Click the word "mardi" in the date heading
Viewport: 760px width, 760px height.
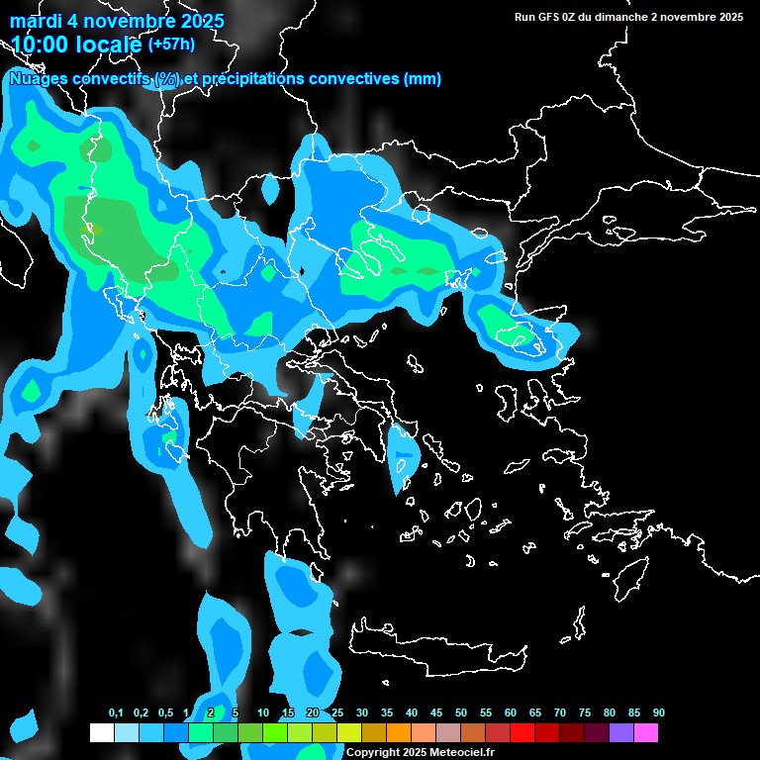[x=35, y=21]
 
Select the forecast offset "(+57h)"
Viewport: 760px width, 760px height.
[x=171, y=45]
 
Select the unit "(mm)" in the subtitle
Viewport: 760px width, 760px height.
[x=423, y=79]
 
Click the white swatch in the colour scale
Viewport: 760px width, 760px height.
[x=101, y=733]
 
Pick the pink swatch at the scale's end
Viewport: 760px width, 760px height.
[x=646, y=733]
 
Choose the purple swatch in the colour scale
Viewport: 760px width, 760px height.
[x=621, y=733]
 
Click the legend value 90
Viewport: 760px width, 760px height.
[x=659, y=713]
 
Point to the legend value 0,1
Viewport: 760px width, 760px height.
[x=116, y=713]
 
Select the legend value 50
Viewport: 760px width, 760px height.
[x=461, y=713]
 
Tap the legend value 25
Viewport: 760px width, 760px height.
[x=337, y=713]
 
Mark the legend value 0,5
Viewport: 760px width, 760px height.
[x=165, y=713]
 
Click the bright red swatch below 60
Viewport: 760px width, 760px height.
[x=522, y=733]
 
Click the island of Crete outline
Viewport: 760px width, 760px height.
[x=435, y=648]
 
